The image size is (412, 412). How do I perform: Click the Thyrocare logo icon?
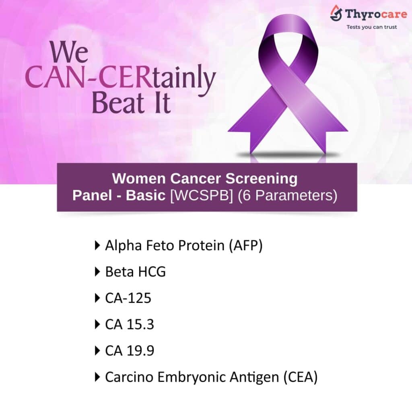coord(336,14)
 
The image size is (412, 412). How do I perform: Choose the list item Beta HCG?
coord(135,272)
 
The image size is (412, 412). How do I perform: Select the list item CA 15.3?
coord(130,324)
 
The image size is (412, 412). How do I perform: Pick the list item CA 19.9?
coord(130,350)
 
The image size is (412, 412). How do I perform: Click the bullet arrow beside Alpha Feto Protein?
coord(97,245)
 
